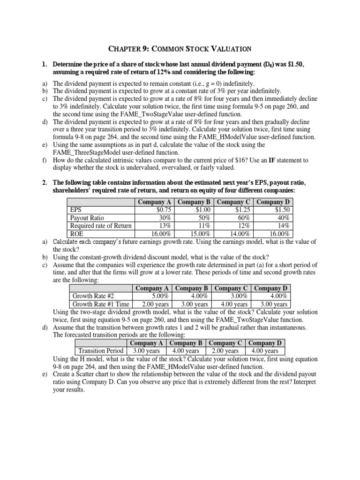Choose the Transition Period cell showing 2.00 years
click(225, 351)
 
